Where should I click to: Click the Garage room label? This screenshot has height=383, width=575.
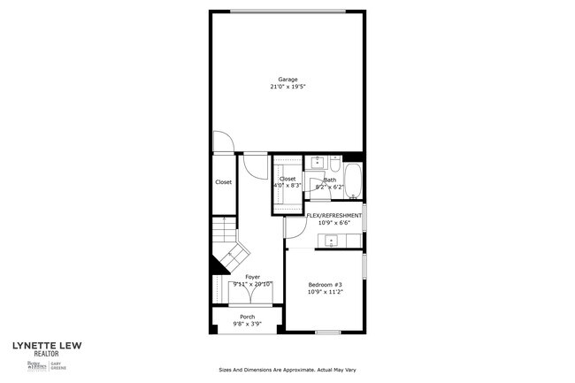click(x=287, y=80)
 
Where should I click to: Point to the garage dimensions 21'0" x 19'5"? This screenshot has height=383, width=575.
click(x=287, y=87)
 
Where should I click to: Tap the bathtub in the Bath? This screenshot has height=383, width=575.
click(x=353, y=181)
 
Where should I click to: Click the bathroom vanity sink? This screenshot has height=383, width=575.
click(x=318, y=163)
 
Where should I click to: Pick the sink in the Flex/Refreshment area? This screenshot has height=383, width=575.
click(x=333, y=241)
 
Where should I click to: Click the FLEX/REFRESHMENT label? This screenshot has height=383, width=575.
click(x=333, y=216)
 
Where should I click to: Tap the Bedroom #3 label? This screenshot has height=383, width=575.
click(x=325, y=284)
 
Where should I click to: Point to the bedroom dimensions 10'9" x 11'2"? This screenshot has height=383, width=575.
click(x=325, y=291)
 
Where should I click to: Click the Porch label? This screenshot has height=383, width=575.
click(x=247, y=317)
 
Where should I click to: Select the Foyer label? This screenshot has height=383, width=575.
click(x=252, y=276)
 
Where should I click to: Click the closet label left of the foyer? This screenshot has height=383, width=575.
click(x=223, y=182)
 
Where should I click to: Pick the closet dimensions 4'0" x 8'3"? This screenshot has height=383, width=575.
click(x=287, y=186)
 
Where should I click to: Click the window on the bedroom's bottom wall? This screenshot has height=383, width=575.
click(x=328, y=333)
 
